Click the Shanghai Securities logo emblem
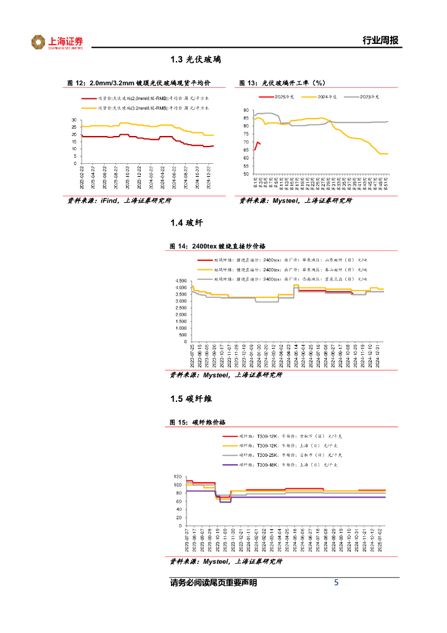39,42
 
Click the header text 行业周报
380,41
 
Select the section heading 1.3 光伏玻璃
196,61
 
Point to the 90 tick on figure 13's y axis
247,110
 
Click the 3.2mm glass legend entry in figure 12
154,108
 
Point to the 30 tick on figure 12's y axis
74,120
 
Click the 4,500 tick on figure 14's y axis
180,280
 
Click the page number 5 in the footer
336,583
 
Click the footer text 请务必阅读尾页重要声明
213,583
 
